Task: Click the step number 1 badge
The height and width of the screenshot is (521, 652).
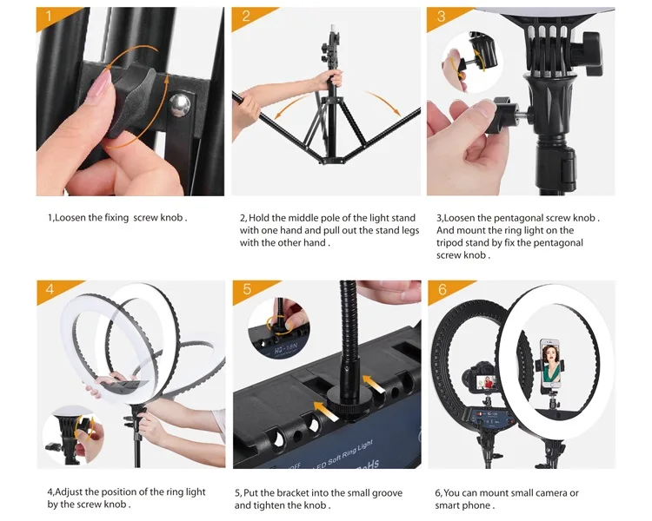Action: [49, 16]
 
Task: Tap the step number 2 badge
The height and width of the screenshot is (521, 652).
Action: [245, 16]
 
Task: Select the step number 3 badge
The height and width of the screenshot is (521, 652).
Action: [441, 16]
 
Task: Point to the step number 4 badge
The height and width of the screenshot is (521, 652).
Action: [50, 289]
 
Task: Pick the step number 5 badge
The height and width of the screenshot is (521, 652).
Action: [247, 289]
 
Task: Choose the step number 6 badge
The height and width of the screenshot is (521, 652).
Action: [442, 289]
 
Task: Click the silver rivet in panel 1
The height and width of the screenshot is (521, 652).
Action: [180, 105]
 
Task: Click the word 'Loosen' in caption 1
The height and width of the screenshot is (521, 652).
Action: [70, 218]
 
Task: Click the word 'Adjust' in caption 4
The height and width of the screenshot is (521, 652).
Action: [69, 492]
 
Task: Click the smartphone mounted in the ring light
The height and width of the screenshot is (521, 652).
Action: [549, 363]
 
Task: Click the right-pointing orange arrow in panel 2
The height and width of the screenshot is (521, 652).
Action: [384, 102]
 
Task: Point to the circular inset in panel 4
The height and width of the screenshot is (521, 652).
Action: [74, 436]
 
